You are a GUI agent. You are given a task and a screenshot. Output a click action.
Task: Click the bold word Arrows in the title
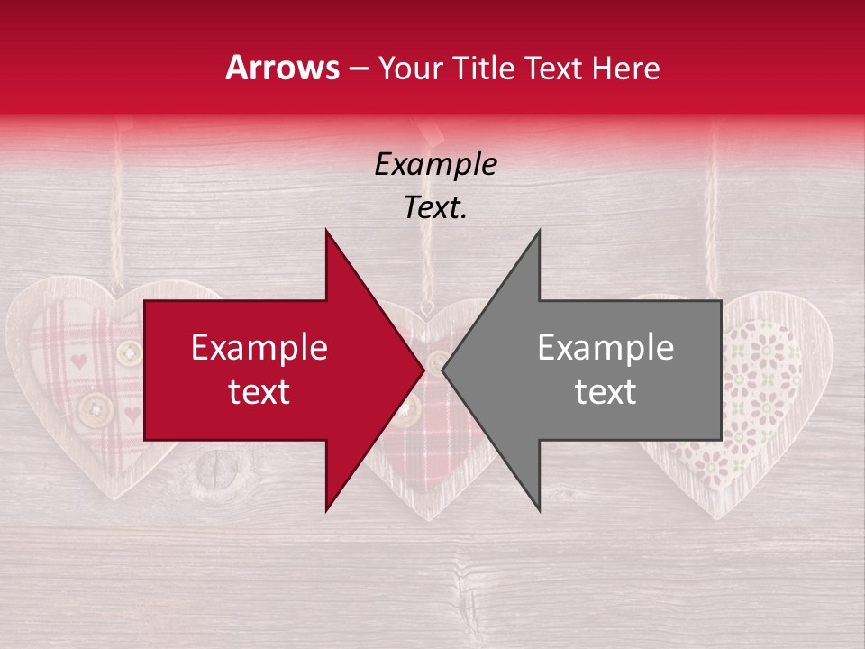click(282, 68)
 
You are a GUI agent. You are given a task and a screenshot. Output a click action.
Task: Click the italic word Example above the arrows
click(435, 164)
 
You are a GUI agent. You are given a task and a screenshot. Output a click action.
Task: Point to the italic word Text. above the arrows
click(435, 207)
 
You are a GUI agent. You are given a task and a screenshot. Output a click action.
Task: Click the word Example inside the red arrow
click(259, 348)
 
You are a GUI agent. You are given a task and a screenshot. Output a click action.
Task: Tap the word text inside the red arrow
click(259, 391)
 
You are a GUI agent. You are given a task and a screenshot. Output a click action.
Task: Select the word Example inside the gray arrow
click(605, 348)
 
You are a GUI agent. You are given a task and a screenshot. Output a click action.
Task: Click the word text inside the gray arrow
click(605, 391)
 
